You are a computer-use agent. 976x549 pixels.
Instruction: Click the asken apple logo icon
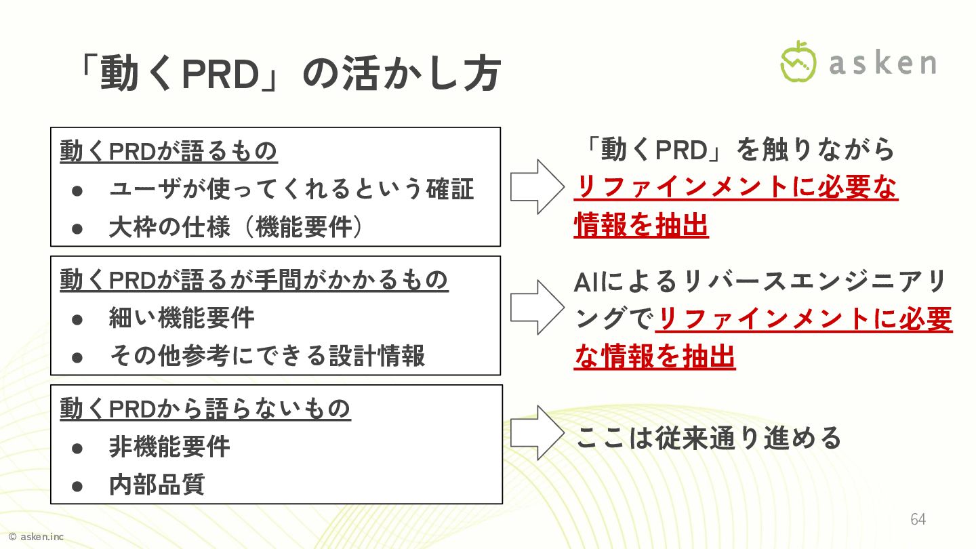click(798, 62)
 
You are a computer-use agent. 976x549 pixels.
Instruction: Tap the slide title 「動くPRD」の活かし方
click(288, 74)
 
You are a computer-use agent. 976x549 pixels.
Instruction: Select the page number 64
click(918, 519)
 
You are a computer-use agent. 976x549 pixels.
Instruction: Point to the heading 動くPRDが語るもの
click(169, 151)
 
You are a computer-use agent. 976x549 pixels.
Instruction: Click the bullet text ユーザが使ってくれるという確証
click(291, 189)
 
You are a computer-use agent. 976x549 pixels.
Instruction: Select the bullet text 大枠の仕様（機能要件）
click(237, 227)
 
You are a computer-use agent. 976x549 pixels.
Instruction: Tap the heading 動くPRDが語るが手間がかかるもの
click(254, 279)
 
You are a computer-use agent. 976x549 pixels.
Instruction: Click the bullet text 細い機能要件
click(182, 317)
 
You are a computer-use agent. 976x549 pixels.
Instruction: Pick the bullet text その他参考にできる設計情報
click(267, 355)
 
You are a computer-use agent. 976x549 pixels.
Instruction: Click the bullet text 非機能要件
click(169, 447)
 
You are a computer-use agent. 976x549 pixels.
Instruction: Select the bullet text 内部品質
click(157, 485)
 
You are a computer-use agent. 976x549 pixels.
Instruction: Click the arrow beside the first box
click(536, 186)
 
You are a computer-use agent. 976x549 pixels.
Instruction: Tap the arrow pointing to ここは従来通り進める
click(536, 432)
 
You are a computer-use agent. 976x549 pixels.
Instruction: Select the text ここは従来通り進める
click(708, 438)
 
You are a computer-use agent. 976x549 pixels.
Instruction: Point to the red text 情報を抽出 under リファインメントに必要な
click(641, 226)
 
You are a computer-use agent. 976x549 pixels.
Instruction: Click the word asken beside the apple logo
click(882, 63)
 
